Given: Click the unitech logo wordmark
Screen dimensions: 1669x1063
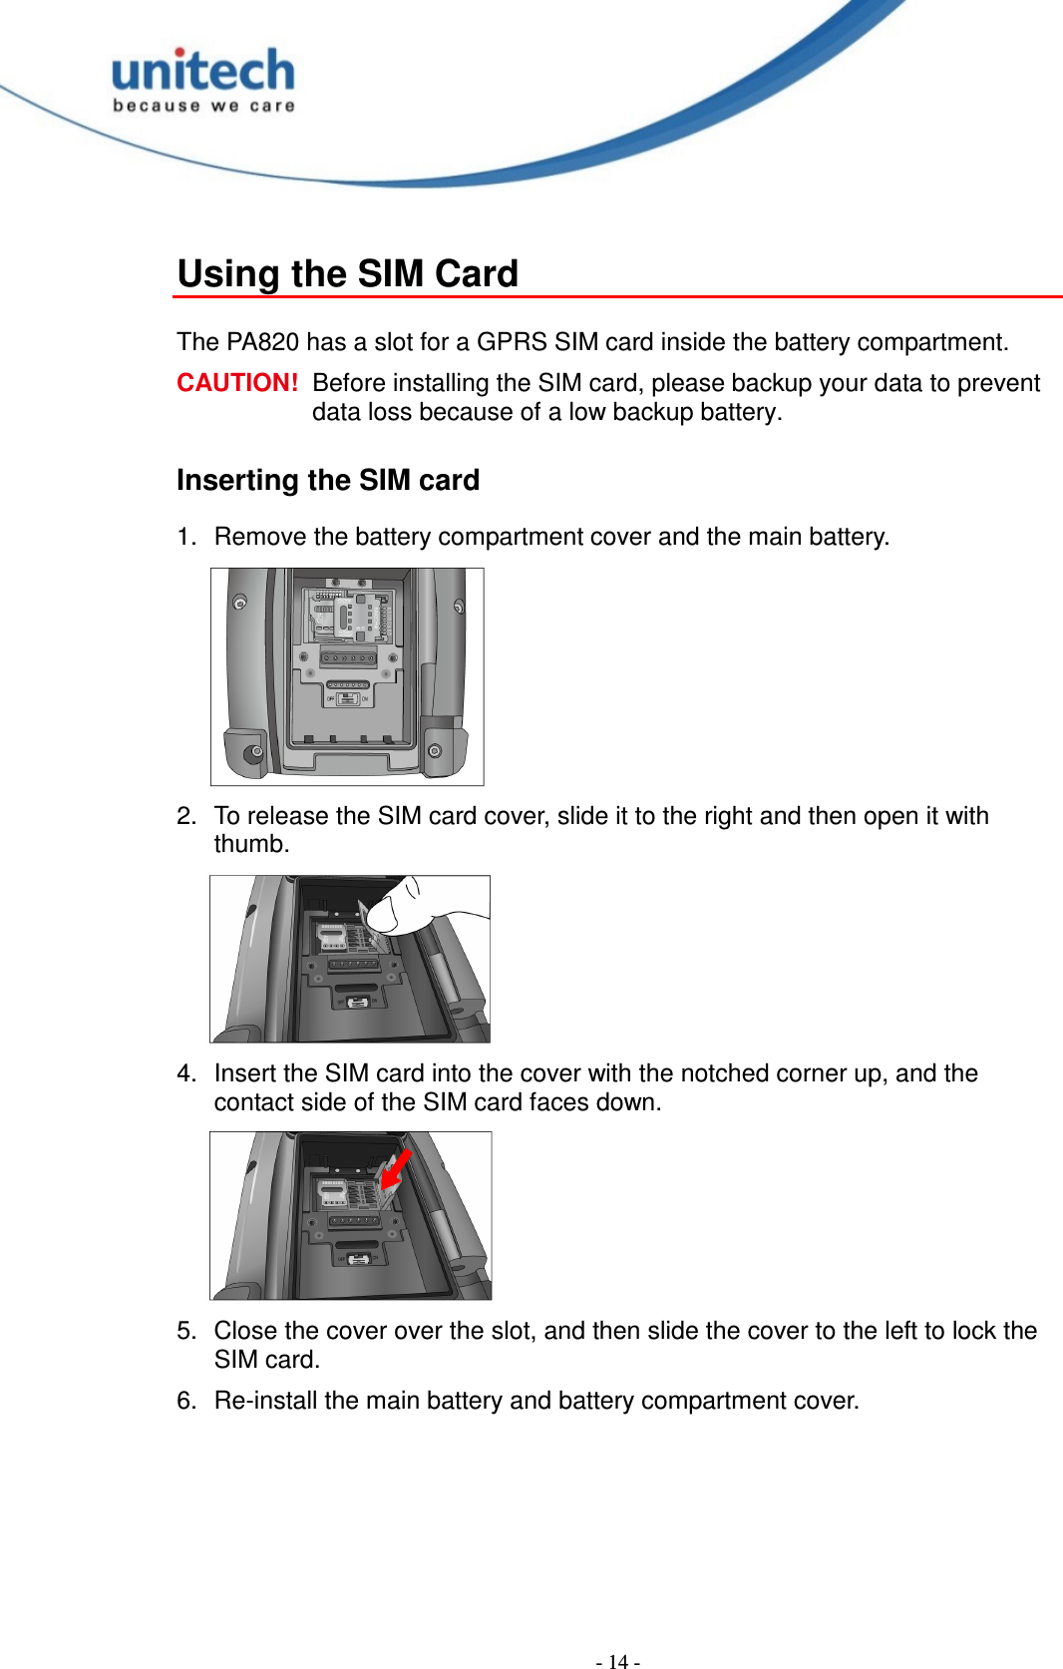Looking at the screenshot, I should click(203, 72).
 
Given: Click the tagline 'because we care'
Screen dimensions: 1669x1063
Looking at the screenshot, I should click(203, 106).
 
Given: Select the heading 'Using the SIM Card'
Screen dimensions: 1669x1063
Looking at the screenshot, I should click(347, 273).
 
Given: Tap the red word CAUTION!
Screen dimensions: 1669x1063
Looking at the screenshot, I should click(237, 383).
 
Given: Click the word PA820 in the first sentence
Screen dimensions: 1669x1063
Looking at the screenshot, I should click(262, 342).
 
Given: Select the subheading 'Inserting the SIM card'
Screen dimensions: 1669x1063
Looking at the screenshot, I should click(328, 480).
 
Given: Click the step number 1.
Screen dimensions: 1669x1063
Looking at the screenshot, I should click(184, 537).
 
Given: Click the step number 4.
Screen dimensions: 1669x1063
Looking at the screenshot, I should click(184, 1073).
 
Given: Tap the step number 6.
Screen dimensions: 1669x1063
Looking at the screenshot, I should click(184, 1401).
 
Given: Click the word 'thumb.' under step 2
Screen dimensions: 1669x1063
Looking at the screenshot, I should click(251, 844).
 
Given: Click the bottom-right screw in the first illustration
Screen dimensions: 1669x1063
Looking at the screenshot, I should click(435, 750).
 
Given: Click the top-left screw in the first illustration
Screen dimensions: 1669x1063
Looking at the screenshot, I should click(239, 603).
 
